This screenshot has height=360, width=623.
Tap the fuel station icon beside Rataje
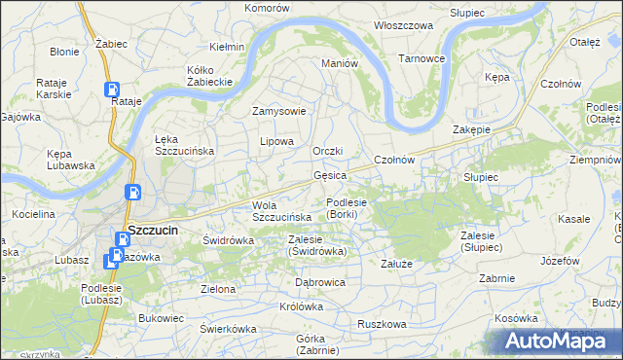pos(112,90)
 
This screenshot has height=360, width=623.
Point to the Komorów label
pos(268,7)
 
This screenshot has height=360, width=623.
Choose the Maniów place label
pos(341,63)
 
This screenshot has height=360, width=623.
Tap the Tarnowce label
pos(421,58)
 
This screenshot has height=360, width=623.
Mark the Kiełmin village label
pos(227,47)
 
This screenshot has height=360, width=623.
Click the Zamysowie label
pos(279,111)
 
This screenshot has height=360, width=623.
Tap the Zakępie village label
pos(471,129)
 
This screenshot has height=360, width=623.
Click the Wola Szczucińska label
pos(281,210)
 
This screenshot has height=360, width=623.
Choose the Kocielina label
pos(34,212)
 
